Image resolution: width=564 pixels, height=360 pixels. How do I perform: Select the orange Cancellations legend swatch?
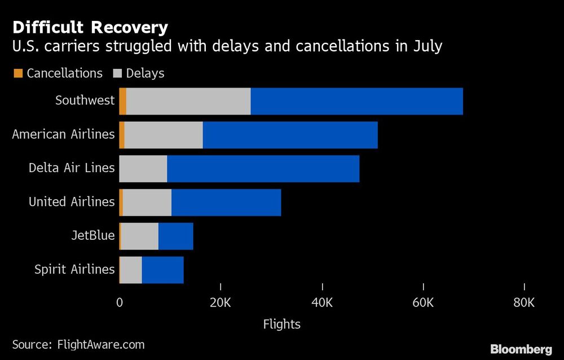pyautogui.click(x=17, y=73)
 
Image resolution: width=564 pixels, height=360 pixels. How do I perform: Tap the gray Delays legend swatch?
pyautogui.click(x=117, y=73)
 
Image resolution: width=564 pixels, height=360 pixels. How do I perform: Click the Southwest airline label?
pyautogui.click(x=85, y=101)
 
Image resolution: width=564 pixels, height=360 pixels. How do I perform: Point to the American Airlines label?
pyautogui.click(x=63, y=135)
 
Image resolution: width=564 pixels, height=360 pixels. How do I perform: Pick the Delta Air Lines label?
pyautogui.click(x=72, y=168)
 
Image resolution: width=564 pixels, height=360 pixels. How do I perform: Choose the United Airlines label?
pyautogui.click(x=72, y=202)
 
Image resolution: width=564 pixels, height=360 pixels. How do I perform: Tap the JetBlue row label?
pyautogui.click(x=93, y=236)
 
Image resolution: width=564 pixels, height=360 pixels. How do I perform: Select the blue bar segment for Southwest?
pyautogui.click(x=356, y=102)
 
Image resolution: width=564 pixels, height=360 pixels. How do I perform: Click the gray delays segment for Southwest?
pyautogui.click(x=188, y=102)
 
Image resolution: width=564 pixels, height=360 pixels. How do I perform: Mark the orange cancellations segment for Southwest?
pyautogui.click(x=122, y=102)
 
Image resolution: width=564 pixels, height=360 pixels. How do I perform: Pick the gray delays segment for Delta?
pyautogui.click(x=143, y=169)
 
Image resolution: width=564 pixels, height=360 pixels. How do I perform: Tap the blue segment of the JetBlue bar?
pyautogui.click(x=176, y=236)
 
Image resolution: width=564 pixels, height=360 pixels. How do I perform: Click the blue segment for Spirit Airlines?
pyautogui.click(x=162, y=270)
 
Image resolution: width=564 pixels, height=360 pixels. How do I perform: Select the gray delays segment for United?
pyautogui.click(x=147, y=203)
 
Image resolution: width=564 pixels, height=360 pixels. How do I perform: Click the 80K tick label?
pyautogui.click(x=524, y=302)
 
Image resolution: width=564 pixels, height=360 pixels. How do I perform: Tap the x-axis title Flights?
pyautogui.click(x=281, y=324)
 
